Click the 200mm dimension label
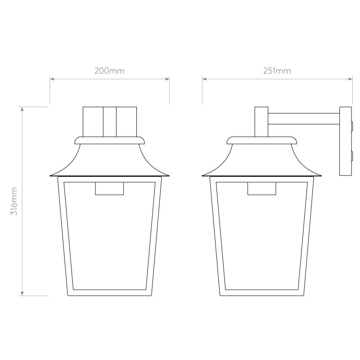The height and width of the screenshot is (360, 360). [109, 71]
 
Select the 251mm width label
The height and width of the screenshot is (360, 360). [277, 71]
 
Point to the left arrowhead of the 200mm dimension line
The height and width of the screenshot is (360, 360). [52, 79]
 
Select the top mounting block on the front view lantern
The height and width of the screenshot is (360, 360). [110, 121]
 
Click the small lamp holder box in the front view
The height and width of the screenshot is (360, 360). [110, 189]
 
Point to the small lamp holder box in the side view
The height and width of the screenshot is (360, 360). [262, 189]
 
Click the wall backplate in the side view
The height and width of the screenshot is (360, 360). [345, 142]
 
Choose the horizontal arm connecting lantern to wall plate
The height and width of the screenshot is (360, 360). [303, 119]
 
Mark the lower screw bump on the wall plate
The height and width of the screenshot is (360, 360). [351, 156]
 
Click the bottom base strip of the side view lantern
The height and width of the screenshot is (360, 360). [262, 292]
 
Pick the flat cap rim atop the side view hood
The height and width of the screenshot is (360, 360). [262, 140]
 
